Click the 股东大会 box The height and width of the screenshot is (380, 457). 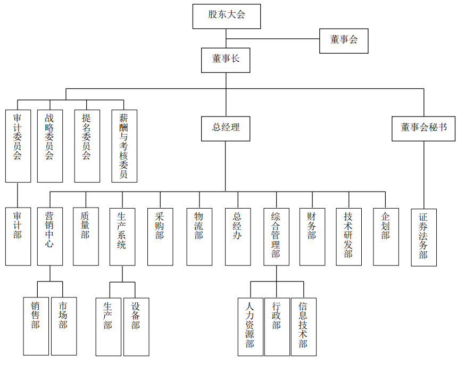tap(226, 16)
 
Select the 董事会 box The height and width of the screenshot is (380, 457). tap(344, 40)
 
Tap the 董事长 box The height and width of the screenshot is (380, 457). tap(226, 60)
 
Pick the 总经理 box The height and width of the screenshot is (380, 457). tap(226, 128)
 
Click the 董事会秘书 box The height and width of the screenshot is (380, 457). tap(423, 128)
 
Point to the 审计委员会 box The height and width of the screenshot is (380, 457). tap(18, 146)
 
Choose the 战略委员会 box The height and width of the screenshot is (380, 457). tap(50, 146)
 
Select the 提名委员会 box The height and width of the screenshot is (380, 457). tap(87, 146)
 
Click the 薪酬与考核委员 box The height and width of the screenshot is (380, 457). tap(124, 146)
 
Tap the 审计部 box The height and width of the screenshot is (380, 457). tap(18, 236)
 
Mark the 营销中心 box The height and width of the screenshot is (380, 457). tap(50, 236)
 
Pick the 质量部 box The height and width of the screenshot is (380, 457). tap(86, 236)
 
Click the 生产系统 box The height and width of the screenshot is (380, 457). tap(122, 236)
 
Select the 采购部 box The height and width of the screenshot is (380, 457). tap(160, 236)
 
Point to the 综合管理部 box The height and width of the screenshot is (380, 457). tap(277, 236)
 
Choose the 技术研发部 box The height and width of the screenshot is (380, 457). tap(348, 236)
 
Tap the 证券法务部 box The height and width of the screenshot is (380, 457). tap(423, 237)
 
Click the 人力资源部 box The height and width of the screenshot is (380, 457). tap(250, 326)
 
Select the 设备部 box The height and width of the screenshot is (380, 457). tap(136, 326)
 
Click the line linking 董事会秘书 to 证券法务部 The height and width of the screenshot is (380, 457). tap(423, 175)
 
